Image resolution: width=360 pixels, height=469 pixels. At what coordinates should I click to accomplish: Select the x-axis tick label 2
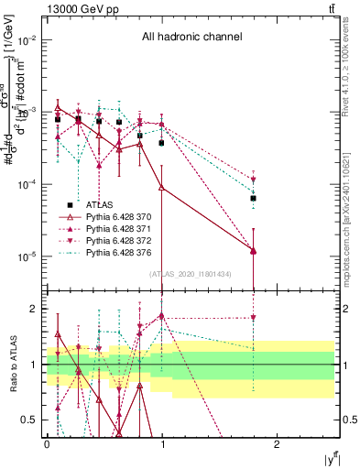(x=278, y=444)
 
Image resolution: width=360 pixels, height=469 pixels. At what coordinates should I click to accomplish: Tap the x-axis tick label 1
(x=162, y=444)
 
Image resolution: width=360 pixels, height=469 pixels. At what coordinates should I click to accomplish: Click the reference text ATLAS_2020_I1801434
(x=189, y=274)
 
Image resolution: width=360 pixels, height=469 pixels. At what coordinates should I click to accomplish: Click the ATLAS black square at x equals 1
(x=162, y=143)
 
